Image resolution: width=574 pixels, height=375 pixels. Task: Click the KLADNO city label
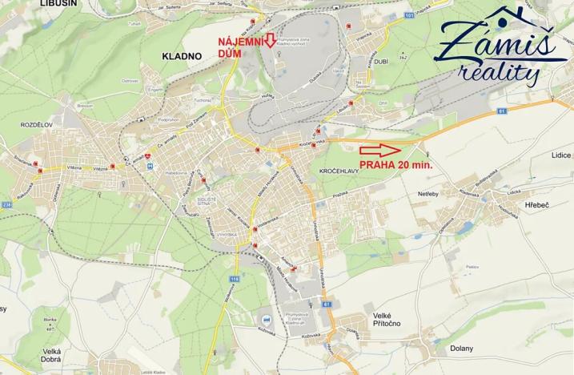click(185, 56)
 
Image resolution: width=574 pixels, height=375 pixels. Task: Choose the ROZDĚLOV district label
click(37, 126)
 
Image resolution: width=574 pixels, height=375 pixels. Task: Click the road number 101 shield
click(409, 14)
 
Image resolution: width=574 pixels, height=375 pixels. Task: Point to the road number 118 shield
click(235, 279)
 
